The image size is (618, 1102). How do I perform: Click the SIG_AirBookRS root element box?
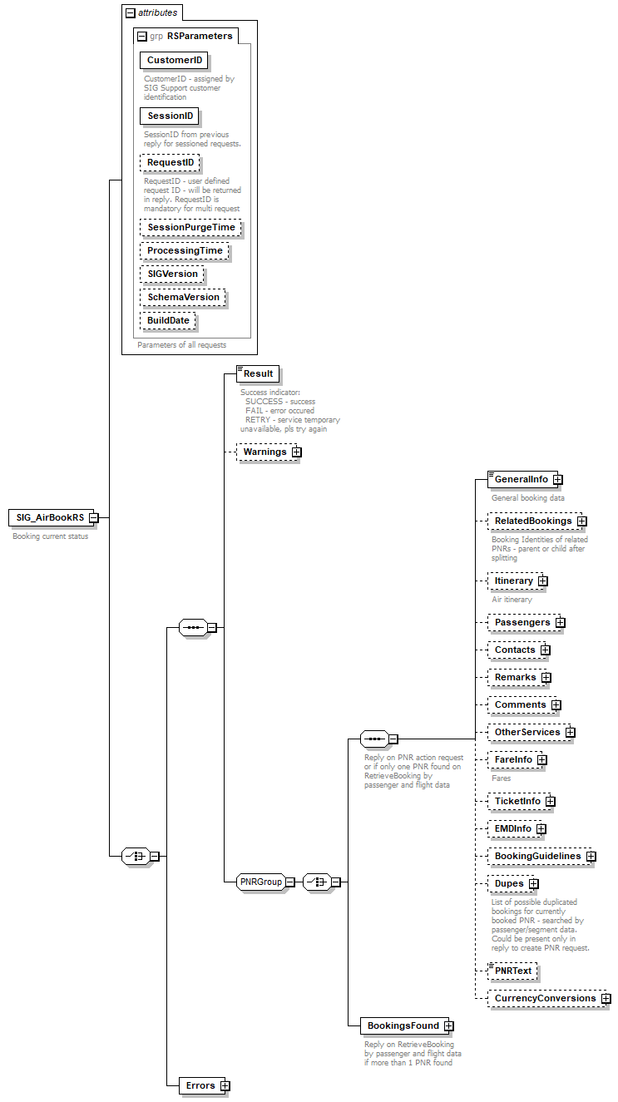coord(49,517)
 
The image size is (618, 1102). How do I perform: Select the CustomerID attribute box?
coord(174,61)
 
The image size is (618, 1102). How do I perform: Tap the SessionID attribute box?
coord(170,116)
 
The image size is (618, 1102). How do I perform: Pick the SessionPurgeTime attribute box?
coord(190,227)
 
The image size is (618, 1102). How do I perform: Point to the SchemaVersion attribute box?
coord(183,297)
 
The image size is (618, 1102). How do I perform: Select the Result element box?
coord(258,374)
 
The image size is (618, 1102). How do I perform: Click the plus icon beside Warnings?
coord(296,452)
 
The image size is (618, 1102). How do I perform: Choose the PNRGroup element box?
coord(260,882)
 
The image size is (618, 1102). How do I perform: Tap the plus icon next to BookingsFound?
coord(449,1026)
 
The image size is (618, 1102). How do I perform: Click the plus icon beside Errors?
coord(225,1085)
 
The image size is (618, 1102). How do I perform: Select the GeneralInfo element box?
coord(521,479)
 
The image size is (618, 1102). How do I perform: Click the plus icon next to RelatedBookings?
coord(582,521)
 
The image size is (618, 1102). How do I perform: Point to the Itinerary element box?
coord(513,581)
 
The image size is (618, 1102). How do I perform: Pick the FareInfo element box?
coord(513,759)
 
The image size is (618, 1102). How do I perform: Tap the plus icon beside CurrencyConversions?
coord(606,998)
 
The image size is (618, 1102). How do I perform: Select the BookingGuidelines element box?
coord(537,856)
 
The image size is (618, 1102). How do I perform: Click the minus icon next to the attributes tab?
coord(130,13)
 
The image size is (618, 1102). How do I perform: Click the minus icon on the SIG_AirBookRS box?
coord(94,517)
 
